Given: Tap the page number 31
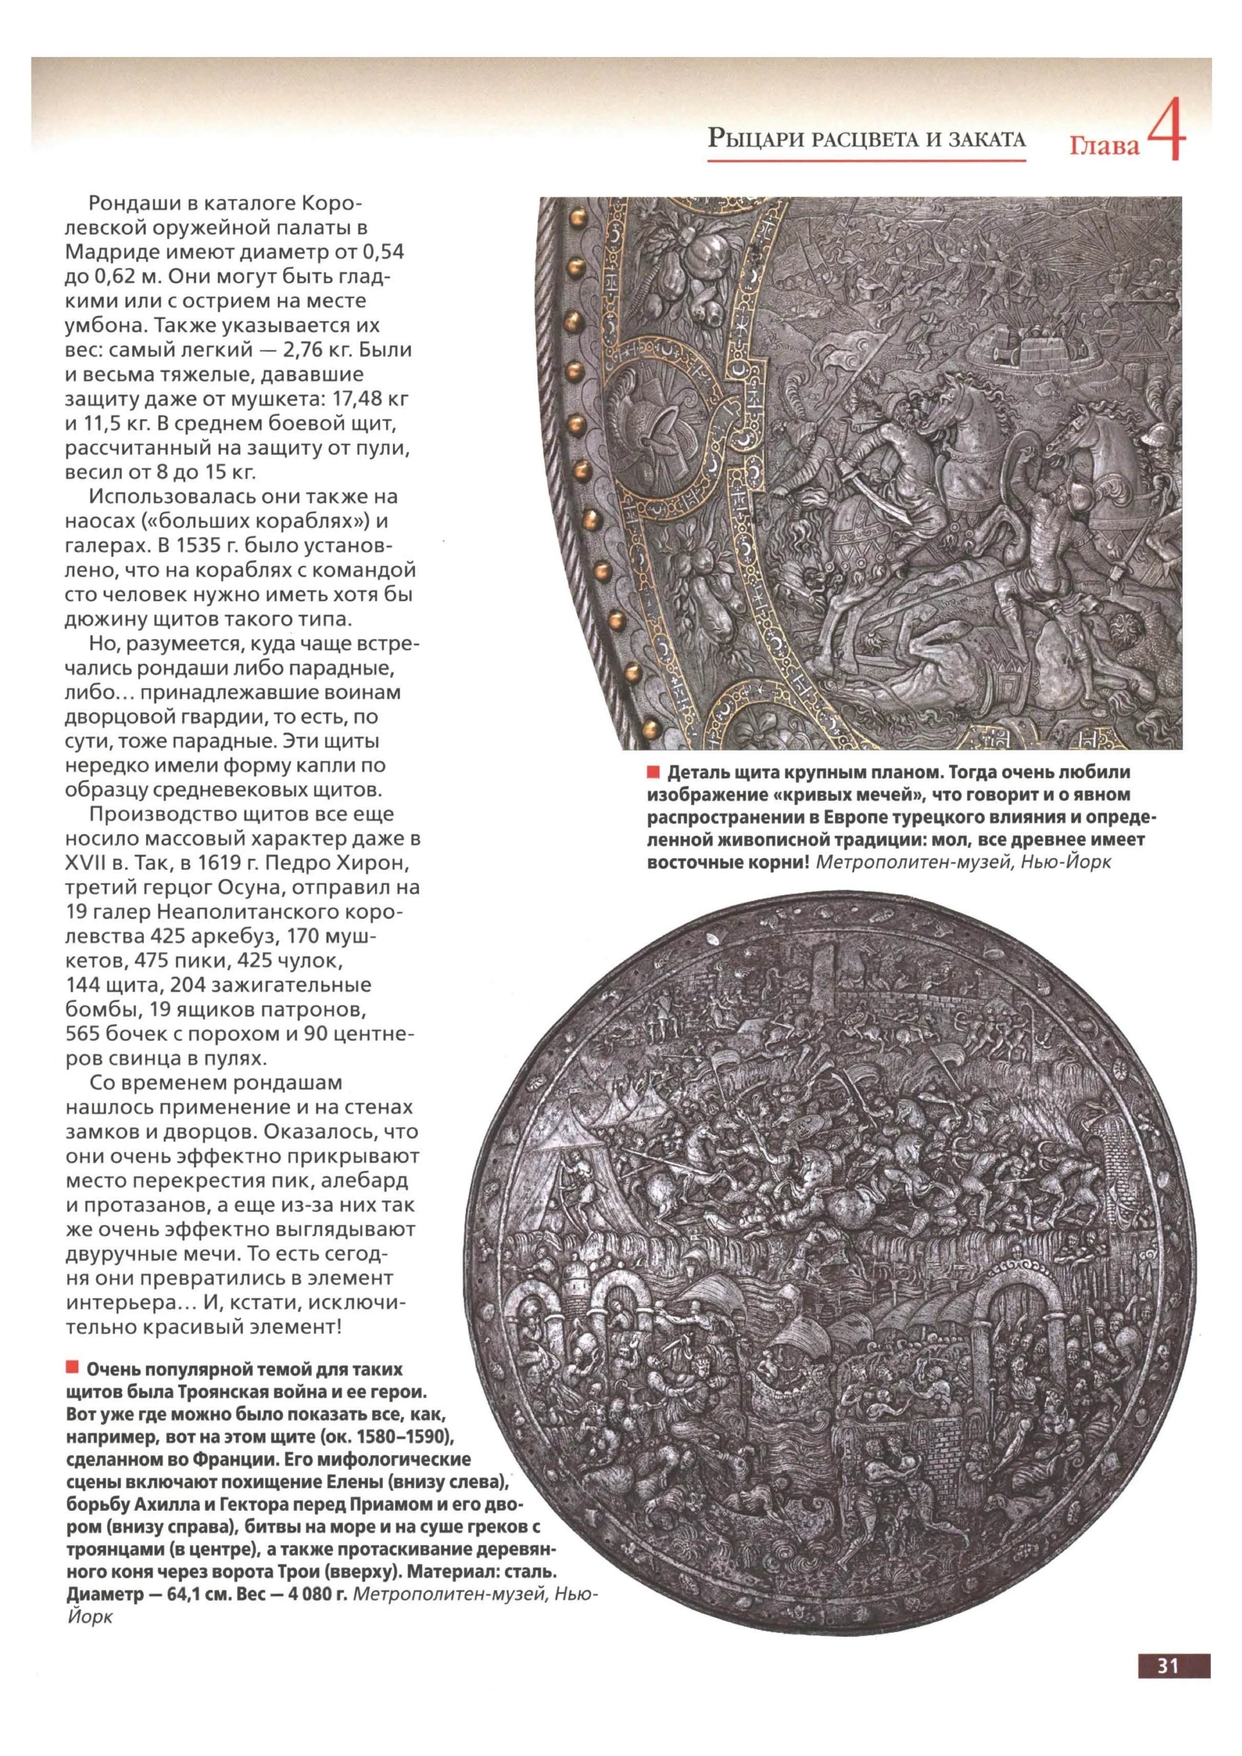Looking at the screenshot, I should [x=1168, y=1662].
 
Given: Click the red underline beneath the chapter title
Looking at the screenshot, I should [x=866, y=160].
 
